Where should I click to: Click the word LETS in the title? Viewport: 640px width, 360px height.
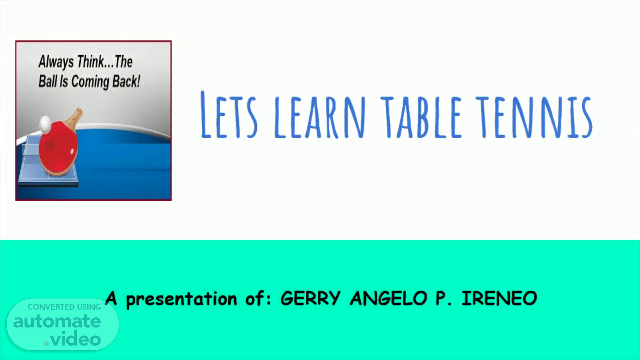(x=229, y=114)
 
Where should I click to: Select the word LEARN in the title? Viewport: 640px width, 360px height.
(x=320, y=116)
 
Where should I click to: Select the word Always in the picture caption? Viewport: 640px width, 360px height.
(x=56, y=62)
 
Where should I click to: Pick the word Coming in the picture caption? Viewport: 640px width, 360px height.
(x=90, y=82)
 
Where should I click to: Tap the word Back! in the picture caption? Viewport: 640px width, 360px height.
(x=126, y=81)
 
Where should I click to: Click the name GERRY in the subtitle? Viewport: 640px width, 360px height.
(x=310, y=298)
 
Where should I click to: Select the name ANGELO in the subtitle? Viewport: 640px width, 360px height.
(x=389, y=298)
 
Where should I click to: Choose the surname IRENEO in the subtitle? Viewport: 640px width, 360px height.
(x=499, y=298)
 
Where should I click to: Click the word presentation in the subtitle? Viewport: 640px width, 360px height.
(x=182, y=299)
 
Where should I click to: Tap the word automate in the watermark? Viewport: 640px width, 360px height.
(x=57, y=322)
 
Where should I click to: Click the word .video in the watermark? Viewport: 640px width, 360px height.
(x=73, y=339)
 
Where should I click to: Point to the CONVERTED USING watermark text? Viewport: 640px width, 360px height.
(x=64, y=307)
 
